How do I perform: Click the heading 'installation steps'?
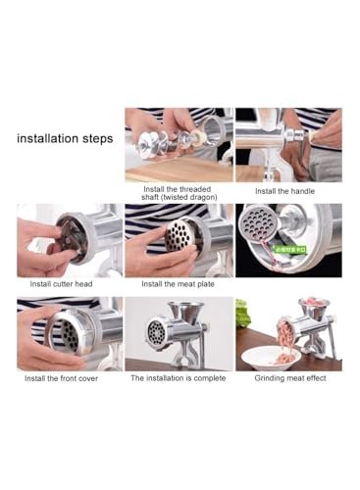tap(65, 138)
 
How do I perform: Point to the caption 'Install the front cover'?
tap(68, 377)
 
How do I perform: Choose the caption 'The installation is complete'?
tap(178, 377)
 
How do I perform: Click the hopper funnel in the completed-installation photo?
tap(180, 312)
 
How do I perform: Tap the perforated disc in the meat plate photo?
tap(177, 235)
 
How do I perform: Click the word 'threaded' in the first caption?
tap(192, 186)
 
